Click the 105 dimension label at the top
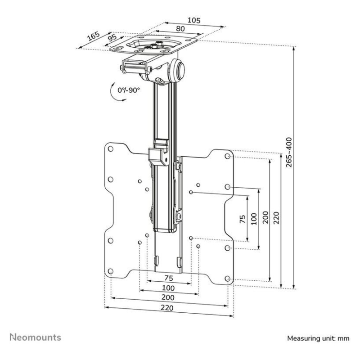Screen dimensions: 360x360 pyautogui.click(x=194, y=20)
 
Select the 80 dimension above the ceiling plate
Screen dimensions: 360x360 pyautogui.click(x=180, y=28)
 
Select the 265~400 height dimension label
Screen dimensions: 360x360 pyautogui.click(x=288, y=152)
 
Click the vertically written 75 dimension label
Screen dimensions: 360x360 pyautogui.click(x=242, y=219)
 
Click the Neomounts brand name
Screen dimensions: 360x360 pyautogui.click(x=36, y=337)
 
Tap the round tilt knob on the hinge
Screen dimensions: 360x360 pyautogui.click(x=180, y=71)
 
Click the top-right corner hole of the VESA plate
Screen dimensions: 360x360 pyautogui.click(x=228, y=157)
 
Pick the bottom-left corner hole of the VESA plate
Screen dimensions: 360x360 pyautogui.click(x=110, y=271)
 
